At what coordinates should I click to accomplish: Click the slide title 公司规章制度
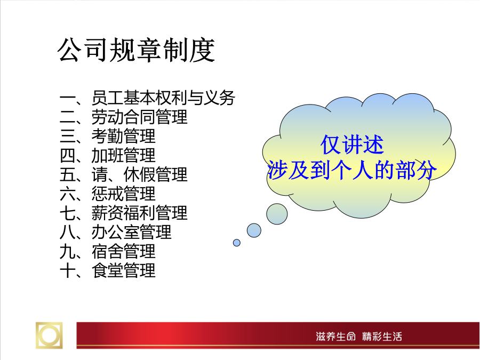(136, 50)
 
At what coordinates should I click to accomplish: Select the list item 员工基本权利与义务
(164, 98)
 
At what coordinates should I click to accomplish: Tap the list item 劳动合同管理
(140, 117)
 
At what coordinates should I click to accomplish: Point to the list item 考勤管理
(124, 136)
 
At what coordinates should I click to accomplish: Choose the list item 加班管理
(124, 156)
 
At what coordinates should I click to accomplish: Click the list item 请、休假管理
(140, 175)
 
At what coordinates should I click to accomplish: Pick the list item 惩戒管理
(124, 194)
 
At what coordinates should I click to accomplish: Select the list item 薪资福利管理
(140, 213)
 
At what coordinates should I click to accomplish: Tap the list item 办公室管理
(132, 232)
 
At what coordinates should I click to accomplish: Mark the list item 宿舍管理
(124, 251)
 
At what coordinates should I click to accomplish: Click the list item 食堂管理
(124, 270)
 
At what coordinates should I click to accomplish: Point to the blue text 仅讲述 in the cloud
(352, 145)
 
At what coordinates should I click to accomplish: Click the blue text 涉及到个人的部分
(352, 170)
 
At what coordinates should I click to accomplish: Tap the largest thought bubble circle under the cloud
(277, 214)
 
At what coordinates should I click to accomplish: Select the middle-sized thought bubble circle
(254, 230)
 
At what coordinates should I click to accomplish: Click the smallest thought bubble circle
(237, 243)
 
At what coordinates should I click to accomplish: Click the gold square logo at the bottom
(49, 335)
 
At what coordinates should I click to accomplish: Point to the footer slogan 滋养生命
(336, 337)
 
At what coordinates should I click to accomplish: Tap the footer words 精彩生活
(382, 337)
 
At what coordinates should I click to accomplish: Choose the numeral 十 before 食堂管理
(68, 271)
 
